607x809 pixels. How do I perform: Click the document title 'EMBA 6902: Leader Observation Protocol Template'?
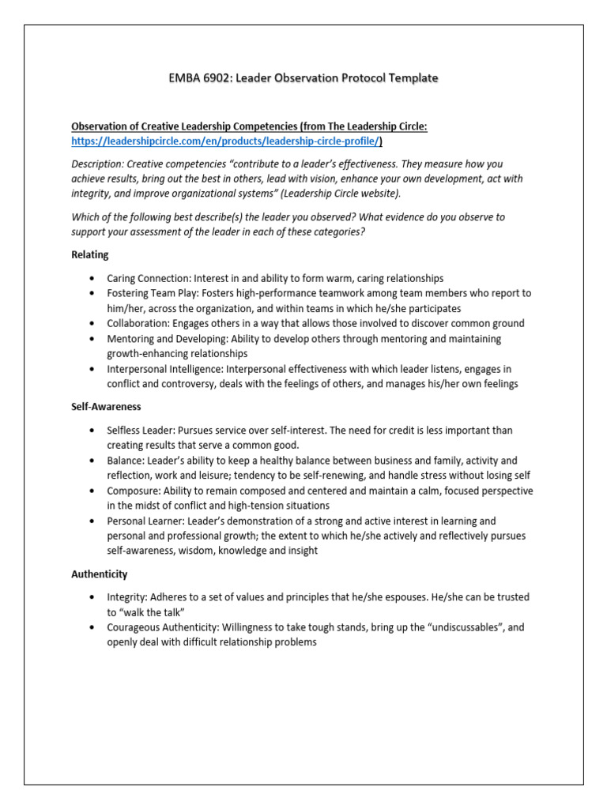pyautogui.click(x=303, y=77)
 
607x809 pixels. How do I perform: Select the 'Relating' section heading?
pyautogui.click(x=90, y=254)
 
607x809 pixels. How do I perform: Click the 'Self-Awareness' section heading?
pyautogui.click(x=106, y=406)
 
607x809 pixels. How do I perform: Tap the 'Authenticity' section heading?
pyautogui.click(x=100, y=574)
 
